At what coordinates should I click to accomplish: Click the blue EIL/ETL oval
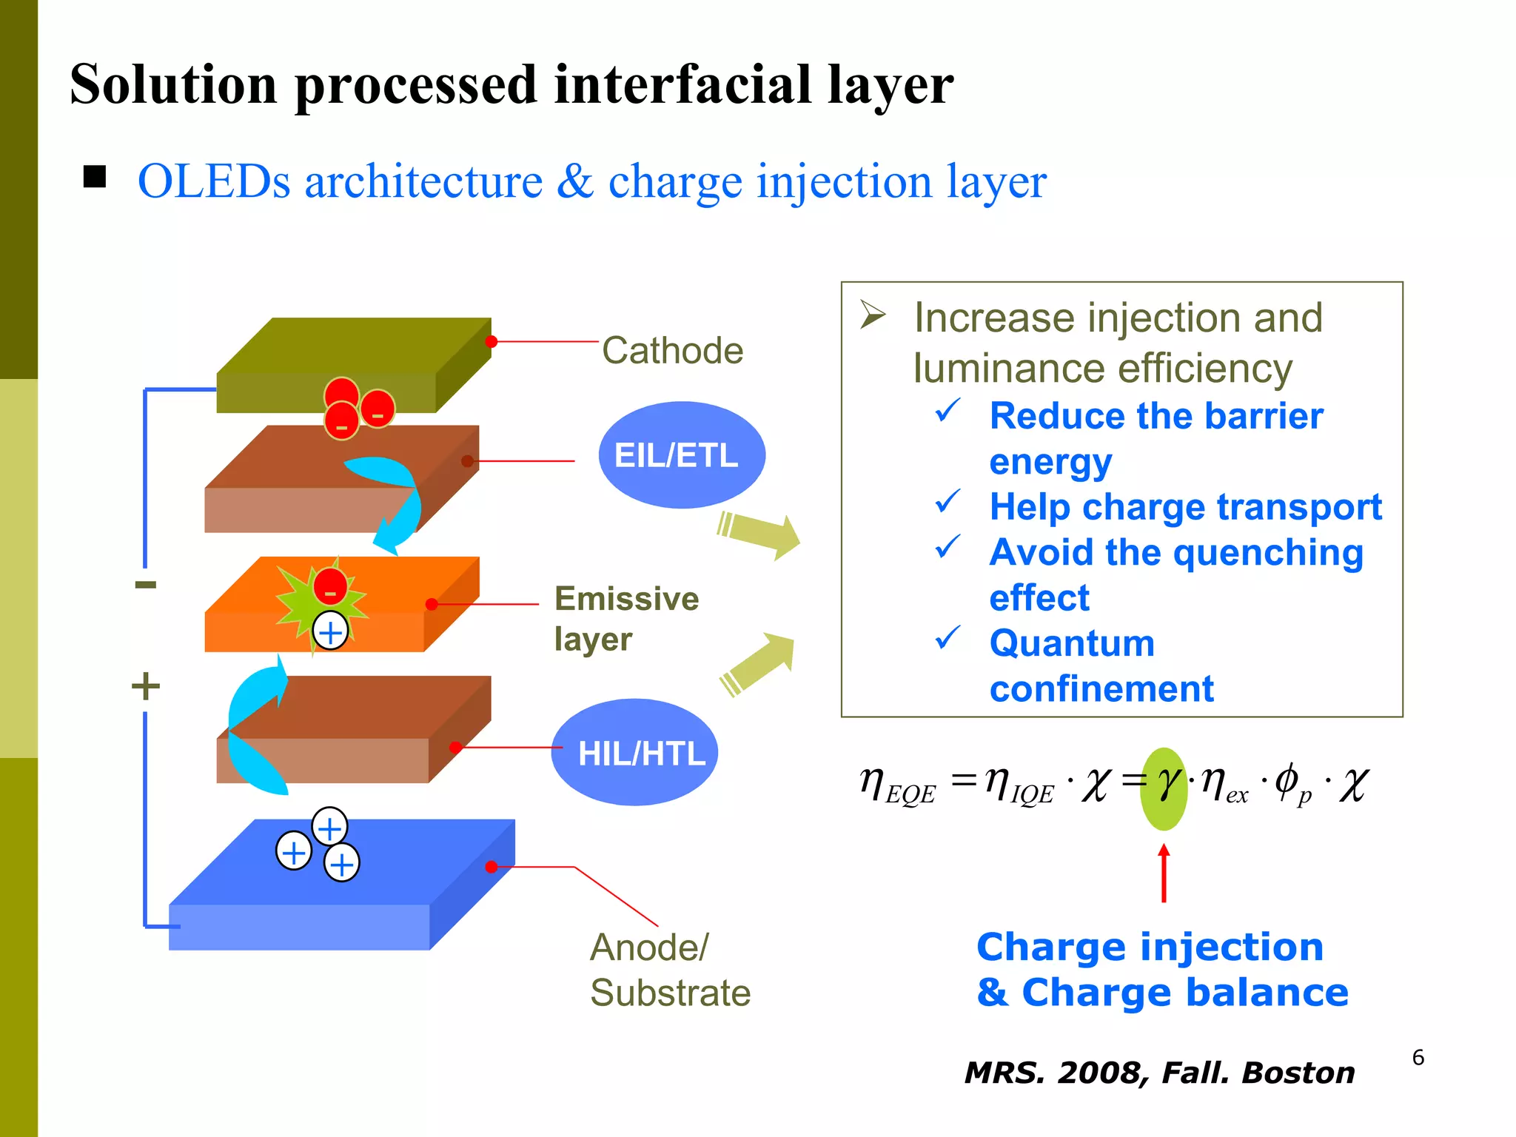(x=681, y=455)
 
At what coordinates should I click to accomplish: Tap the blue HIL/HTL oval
(x=634, y=752)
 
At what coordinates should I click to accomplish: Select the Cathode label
(x=672, y=350)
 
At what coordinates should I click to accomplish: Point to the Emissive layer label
(x=625, y=618)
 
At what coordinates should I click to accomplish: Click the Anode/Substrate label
(x=669, y=970)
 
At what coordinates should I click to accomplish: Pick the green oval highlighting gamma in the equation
(x=1164, y=789)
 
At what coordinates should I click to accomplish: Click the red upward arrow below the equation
(x=1164, y=873)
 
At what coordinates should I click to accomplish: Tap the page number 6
(x=1418, y=1057)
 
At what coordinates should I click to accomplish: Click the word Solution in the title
(x=173, y=84)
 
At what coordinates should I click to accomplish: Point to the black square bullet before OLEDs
(x=95, y=177)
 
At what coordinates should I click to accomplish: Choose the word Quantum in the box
(x=1072, y=643)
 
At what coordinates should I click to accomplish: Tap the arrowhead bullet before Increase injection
(x=873, y=315)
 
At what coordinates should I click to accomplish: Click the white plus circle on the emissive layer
(x=330, y=631)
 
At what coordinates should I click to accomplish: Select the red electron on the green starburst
(x=330, y=586)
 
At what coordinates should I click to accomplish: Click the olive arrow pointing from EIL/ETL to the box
(x=759, y=534)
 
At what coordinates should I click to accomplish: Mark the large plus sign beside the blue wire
(x=146, y=685)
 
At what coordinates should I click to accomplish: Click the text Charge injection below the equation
(x=1150, y=947)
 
